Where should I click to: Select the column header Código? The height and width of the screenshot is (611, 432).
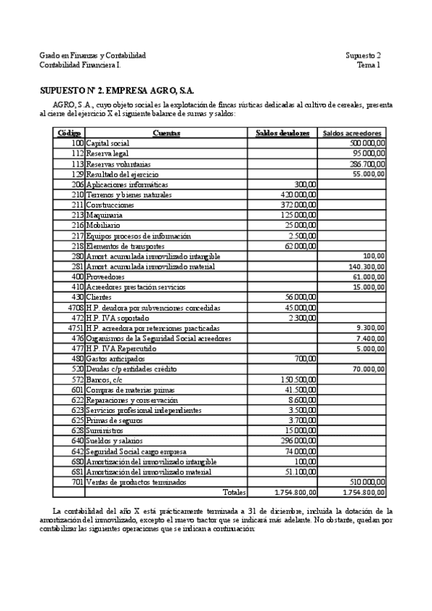click(69, 133)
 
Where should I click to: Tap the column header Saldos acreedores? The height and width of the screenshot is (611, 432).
click(353, 133)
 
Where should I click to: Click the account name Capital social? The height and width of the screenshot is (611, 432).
click(107, 143)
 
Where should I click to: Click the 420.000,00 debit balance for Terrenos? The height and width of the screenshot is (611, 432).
click(299, 195)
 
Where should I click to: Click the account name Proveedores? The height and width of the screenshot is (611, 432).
click(105, 276)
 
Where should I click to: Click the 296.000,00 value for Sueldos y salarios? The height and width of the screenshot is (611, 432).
click(299, 440)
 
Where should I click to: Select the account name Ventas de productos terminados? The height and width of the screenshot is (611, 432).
click(137, 481)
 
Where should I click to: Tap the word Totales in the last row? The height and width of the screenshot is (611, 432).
click(234, 492)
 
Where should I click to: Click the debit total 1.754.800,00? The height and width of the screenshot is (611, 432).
click(296, 492)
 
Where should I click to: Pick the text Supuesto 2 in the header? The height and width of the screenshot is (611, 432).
click(363, 55)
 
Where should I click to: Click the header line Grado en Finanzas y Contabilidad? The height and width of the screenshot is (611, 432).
click(92, 55)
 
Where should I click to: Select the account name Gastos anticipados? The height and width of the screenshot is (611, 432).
click(115, 358)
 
